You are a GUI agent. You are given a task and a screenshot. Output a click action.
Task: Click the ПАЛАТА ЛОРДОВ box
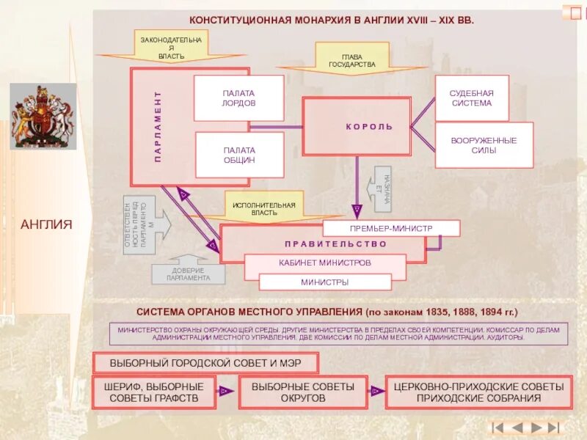pos(238,98)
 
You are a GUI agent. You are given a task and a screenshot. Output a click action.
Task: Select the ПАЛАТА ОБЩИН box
pos(238,155)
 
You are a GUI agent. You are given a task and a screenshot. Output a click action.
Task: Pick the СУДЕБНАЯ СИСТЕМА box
pos(471,98)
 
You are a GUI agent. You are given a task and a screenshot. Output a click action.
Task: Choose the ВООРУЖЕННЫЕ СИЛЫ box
pos(484,145)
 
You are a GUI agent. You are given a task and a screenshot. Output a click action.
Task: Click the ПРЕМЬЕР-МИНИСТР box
pos(391,228)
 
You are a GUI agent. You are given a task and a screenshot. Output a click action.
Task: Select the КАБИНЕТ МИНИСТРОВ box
pos(324,263)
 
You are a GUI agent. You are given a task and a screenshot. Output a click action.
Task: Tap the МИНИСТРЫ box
pos(324,282)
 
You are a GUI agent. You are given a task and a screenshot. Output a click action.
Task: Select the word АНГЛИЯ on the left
pos(46,224)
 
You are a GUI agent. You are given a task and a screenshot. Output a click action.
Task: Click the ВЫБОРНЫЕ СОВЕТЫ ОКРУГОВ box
pos(302,392)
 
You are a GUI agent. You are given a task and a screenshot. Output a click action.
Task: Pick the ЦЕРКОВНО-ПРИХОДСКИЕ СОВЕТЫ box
pos(478,392)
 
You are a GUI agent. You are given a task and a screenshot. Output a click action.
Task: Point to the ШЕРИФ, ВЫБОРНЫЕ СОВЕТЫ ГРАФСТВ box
pos(154,392)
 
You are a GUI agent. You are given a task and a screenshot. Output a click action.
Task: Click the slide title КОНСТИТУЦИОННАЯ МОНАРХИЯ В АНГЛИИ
pos(332,20)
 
